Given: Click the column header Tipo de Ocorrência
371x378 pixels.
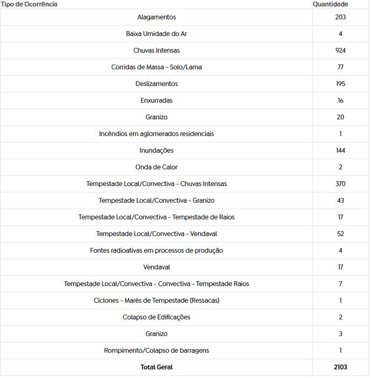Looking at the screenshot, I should click(x=29, y=4).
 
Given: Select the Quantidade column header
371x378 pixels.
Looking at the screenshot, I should click(x=330, y=4).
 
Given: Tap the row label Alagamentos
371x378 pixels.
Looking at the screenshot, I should click(x=156, y=17).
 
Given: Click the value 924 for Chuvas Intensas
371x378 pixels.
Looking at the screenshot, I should click(x=340, y=51).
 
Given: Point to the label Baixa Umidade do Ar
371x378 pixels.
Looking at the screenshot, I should click(x=156, y=34).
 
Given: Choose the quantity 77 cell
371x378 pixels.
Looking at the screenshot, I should click(x=340, y=67).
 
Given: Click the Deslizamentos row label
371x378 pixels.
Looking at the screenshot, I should click(x=156, y=84).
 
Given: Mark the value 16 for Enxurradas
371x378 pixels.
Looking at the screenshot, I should click(x=340, y=101).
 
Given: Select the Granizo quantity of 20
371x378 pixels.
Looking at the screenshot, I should click(x=340, y=117).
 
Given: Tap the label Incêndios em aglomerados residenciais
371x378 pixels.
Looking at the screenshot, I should click(x=156, y=134).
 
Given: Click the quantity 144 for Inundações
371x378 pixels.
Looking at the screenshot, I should click(x=340, y=151).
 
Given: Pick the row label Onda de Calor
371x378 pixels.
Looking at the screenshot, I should click(x=156, y=167).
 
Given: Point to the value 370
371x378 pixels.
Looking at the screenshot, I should click(x=340, y=184).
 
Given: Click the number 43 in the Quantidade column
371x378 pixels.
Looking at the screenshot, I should click(x=340, y=201).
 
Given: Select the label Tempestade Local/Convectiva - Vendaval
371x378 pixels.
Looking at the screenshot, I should click(x=156, y=234).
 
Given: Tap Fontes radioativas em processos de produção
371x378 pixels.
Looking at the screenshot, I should click(x=156, y=251).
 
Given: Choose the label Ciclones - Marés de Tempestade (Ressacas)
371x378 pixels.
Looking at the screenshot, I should click(x=156, y=301).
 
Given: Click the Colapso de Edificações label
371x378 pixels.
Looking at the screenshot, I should click(x=156, y=317).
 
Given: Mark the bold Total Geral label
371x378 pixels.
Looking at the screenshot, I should click(x=156, y=367).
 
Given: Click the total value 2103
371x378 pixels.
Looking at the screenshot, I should click(x=340, y=367).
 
